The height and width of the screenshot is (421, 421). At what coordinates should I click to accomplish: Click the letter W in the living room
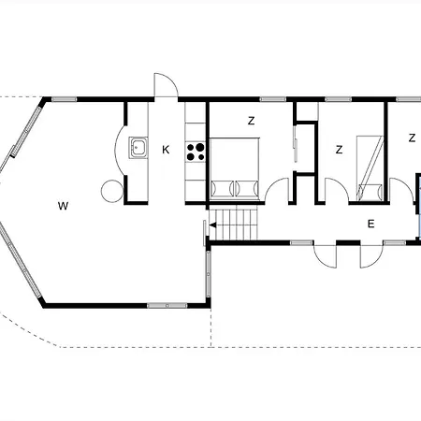point(64,206)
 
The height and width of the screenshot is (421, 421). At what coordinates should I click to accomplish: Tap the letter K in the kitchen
point(166,150)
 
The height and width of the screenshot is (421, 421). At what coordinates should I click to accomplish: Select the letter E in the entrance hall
point(370,224)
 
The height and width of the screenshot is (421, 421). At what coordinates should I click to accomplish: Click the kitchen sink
point(138,147)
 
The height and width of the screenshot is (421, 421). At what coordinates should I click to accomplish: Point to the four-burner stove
point(196,152)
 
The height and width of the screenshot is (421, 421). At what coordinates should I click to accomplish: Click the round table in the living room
point(112,191)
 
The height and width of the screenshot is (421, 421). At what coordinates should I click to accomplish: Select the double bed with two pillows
point(235,168)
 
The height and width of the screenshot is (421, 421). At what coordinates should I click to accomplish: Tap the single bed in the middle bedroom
point(370,168)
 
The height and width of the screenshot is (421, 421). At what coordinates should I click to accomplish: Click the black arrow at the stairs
point(213,225)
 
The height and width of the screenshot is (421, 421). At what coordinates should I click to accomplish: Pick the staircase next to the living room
point(234,223)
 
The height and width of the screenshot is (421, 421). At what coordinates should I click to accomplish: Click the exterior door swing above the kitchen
point(167,85)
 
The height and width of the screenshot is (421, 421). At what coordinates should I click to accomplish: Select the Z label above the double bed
point(251,121)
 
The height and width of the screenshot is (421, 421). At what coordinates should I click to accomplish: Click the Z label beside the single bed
point(340,150)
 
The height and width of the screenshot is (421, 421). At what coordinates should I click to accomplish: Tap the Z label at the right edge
point(412,138)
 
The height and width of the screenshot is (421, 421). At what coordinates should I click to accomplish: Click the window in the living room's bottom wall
point(167,306)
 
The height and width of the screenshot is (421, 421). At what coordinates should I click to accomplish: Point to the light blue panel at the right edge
point(419,208)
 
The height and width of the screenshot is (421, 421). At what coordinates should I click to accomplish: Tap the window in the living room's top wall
point(64,99)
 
